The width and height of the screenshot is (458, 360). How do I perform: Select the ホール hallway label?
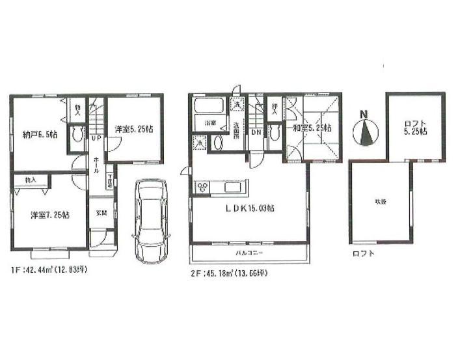tap(96, 165)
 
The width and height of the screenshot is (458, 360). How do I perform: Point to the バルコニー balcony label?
tap(249, 251)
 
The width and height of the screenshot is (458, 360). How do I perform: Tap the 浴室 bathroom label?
tap(211, 122)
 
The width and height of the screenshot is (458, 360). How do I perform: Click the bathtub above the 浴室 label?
tap(208, 107)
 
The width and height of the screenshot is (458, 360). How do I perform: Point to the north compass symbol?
tap(366, 131)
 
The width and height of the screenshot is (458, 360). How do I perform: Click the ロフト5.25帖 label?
tap(414, 126)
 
